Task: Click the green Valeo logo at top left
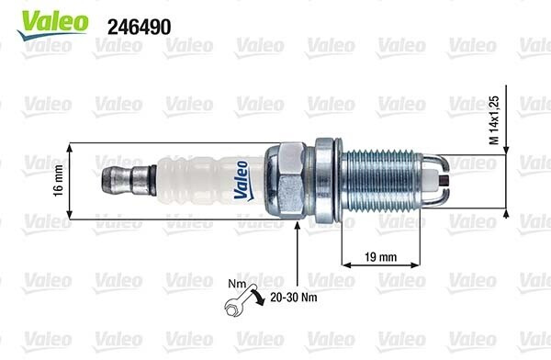(x=52, y=25)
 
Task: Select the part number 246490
(x=140, y=27)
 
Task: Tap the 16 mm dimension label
(x=59, y=181)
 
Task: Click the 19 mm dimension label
(x=380, y=257)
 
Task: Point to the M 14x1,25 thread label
(x=494, y=120)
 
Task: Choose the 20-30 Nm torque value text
(x=294, y=298)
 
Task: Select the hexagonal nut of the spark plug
(x=285, y=180)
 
